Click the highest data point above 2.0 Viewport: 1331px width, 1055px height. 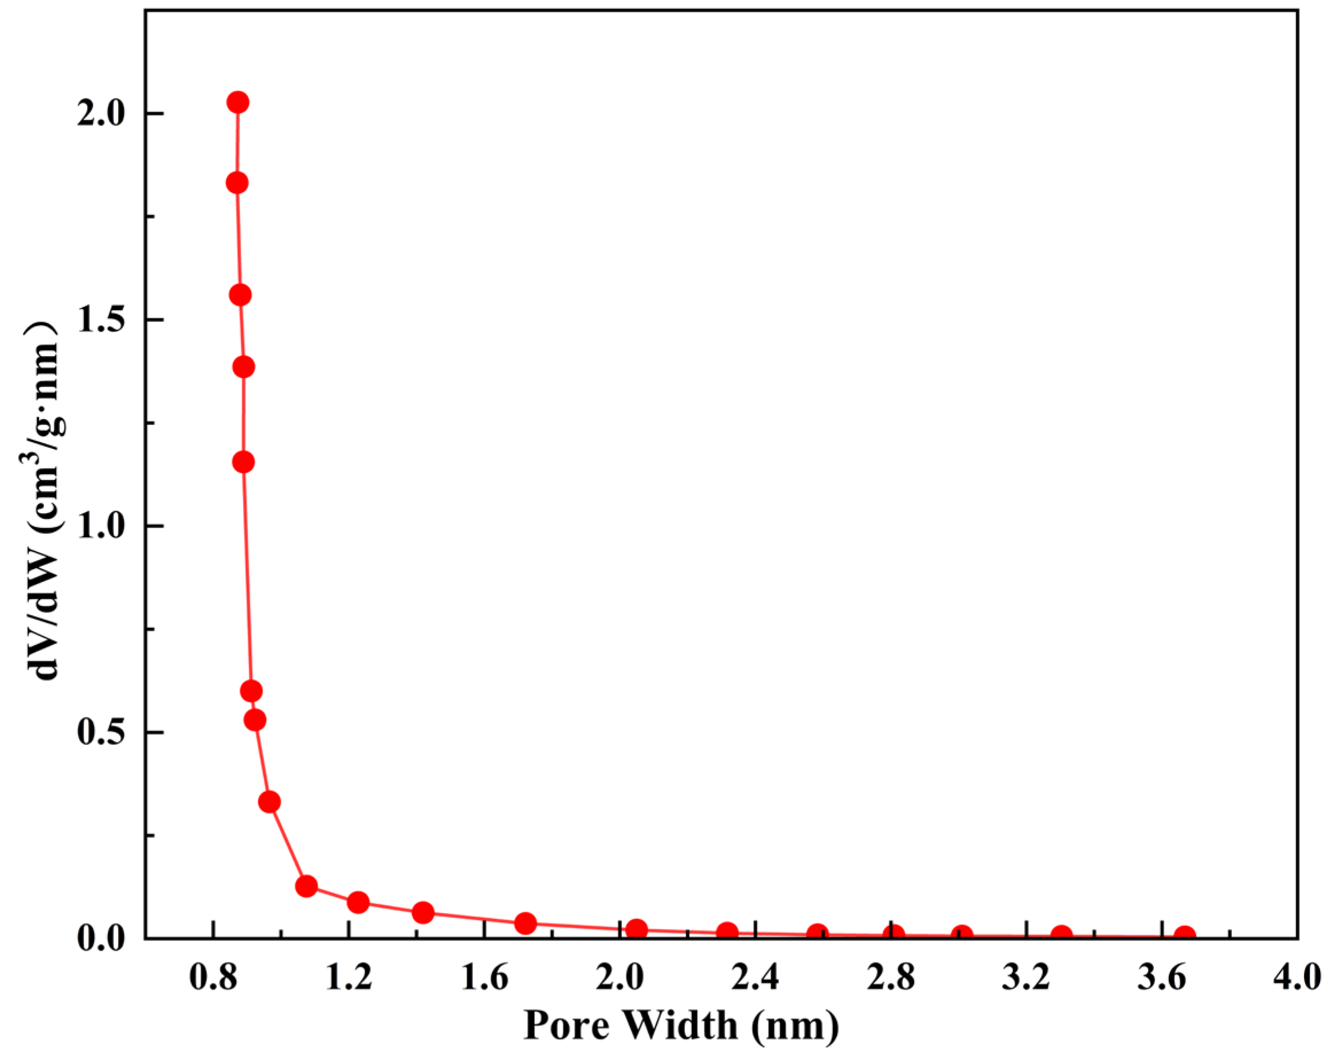238,102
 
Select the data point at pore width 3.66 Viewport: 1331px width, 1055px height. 1185,936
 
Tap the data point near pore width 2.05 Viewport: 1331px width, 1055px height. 636,929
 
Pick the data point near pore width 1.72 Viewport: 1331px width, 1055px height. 524,924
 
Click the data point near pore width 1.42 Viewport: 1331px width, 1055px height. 423,912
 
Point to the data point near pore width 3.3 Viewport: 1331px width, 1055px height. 1062,935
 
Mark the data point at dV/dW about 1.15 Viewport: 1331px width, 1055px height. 243,462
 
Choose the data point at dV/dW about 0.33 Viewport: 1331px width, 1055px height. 269,802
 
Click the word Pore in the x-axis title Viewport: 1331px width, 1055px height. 566,1026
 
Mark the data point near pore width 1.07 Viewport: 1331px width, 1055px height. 306,886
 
